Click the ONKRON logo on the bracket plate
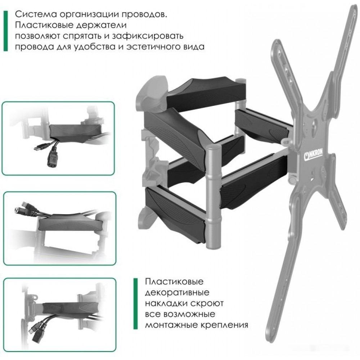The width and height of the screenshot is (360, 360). coord(314,154)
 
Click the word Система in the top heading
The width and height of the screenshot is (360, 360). coord(36,14)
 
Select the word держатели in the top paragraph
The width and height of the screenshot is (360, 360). coord(101,25)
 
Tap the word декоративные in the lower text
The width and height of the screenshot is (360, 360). coord(177,292)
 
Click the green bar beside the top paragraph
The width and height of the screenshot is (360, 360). coord(5,31)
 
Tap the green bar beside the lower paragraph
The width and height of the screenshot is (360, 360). coord(135,304)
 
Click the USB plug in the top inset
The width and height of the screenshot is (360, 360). coord(41,147)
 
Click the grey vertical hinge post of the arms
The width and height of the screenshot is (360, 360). coord(213,197)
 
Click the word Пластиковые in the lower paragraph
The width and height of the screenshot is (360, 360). coord(174,282)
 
